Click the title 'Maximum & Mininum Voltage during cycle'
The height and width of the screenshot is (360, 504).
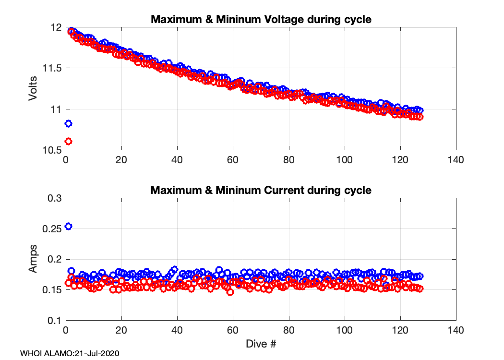click(261, 20)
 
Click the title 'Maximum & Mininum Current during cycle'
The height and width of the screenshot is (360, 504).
click(261, 190)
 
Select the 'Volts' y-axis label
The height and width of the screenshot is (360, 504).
click(33, 89)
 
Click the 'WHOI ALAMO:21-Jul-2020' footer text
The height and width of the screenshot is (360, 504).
click(70, 353)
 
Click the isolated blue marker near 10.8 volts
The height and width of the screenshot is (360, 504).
click(68, 123)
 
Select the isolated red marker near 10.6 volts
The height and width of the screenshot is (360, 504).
click(68, 141)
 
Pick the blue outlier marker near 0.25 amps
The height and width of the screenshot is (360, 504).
click(68, 226)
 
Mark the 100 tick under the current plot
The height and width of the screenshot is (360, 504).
click(344, 331)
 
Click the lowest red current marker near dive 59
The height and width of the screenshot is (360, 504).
click(230, 292)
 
